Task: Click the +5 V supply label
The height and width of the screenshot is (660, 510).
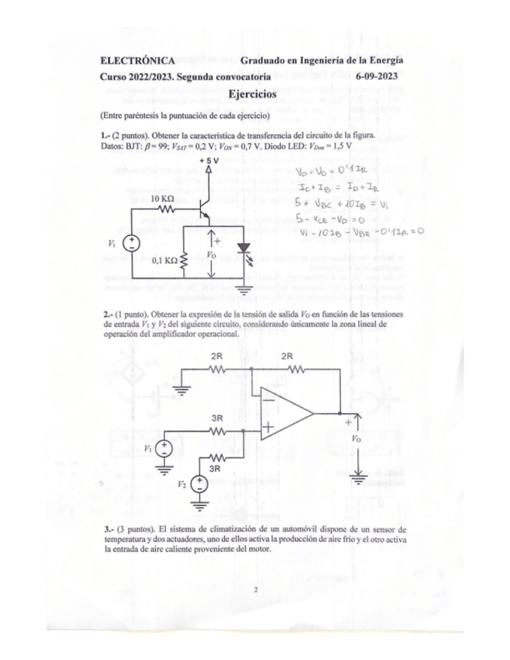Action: [x=209, y=160]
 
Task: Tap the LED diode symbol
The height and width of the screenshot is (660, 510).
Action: [x=247, y=251]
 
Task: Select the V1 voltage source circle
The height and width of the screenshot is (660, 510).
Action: [x=165, y=448]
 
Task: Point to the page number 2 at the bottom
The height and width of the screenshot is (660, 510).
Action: [x=255, y=589]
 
